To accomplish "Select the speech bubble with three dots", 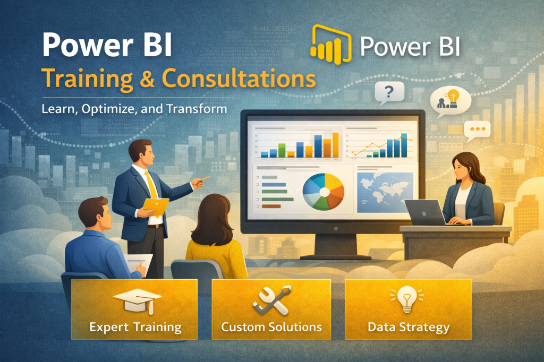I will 477,129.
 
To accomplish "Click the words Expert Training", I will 135,326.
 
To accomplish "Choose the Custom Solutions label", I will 271,326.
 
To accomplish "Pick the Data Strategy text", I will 409,326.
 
